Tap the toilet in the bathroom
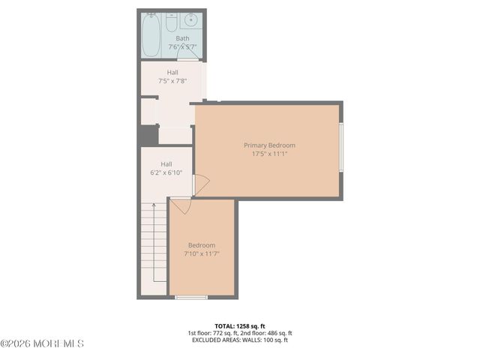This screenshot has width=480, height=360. pyautogui.click(x=172, y=21)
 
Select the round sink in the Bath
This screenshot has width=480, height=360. pyautogui.click(x=191, y=19)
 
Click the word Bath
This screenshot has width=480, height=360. pyautogui.click(x=182, y=38)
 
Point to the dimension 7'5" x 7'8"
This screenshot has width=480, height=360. pyautogui.click(x=172, y=81)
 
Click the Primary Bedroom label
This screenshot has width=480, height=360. pyautogui.click(x=269, y=145)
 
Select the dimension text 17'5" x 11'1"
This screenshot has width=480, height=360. pyautogui.click(x=269, y=154)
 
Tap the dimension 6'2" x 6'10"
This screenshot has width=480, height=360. pyautogui.click(x=166, y=172)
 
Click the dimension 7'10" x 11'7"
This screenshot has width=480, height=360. pyautogui.click(x=201, y=253)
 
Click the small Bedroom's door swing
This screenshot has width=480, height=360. pyautogui.click(x=180, y=205)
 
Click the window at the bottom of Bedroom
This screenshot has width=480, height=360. pyautogui.click(x=191, y=298)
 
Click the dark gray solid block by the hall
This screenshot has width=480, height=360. pyautogui.click(x=148, y=135)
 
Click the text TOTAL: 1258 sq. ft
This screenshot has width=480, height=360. pyautogui.click(x=239, y=325)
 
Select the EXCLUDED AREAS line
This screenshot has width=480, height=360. pyautogui.click(x=239, y=340)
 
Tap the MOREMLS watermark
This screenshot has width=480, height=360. pyautogui.click(x=43, y=344)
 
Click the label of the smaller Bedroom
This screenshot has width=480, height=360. pyautogui.click(x=201, y=245)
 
